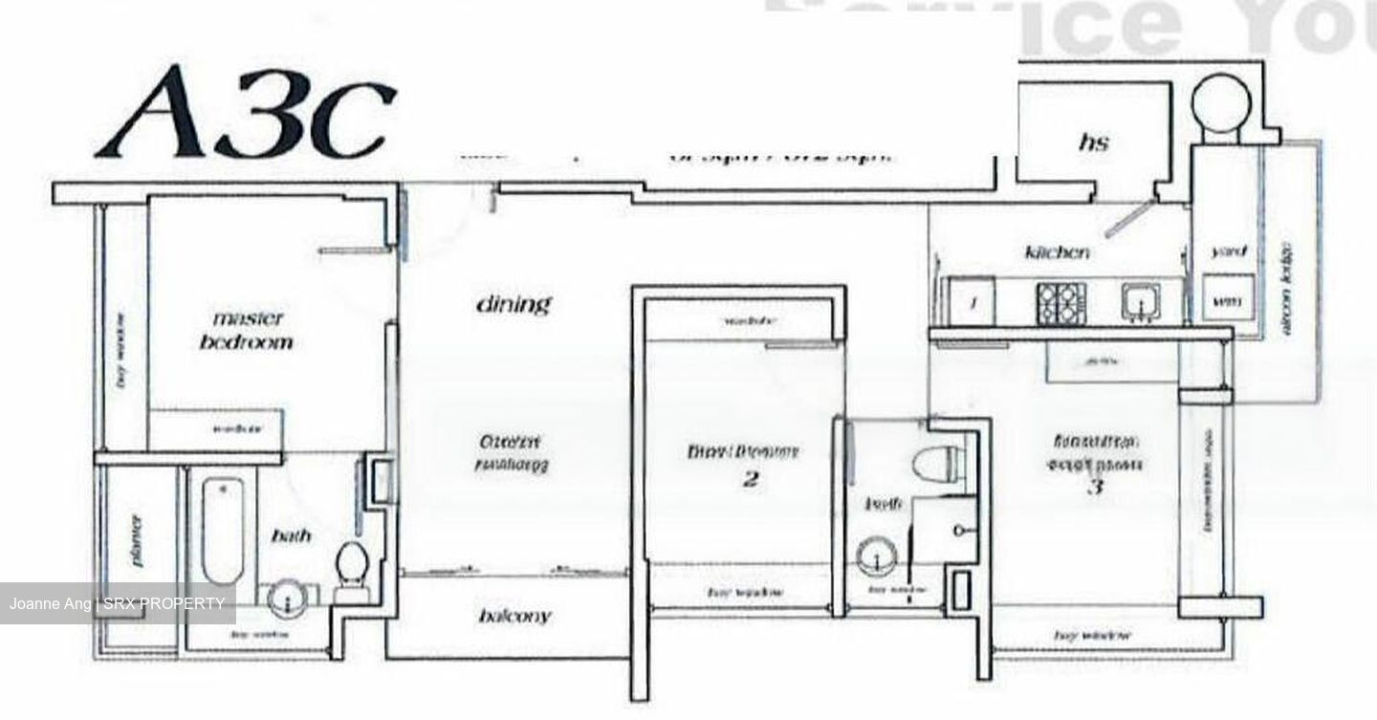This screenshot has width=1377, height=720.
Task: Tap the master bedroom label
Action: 247,329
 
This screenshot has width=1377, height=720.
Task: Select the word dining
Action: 514,304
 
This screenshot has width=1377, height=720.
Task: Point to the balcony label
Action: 514,616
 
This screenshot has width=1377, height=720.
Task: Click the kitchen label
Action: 1057,252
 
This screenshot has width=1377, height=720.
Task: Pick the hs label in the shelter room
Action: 1093,142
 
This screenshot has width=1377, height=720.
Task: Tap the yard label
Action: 1228,251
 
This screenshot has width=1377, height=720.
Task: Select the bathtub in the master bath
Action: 222,530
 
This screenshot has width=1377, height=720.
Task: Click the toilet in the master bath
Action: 353,568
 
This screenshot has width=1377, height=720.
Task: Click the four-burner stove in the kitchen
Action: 1061,303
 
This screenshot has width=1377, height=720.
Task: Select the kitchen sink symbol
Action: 1140,301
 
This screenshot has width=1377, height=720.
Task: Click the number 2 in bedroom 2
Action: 750,479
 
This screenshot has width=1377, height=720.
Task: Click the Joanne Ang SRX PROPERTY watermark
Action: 118,603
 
